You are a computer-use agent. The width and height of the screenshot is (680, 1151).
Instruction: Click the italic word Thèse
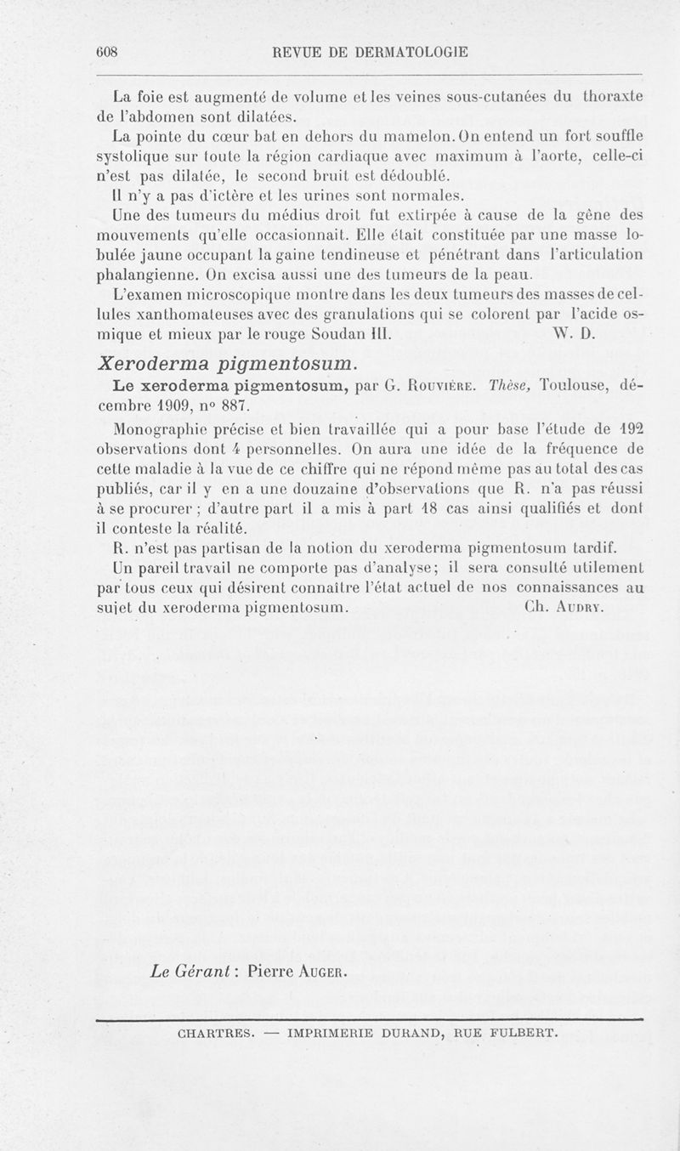(x=510, y=388)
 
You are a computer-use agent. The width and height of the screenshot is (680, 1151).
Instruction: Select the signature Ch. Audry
(x=565, y=609)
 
